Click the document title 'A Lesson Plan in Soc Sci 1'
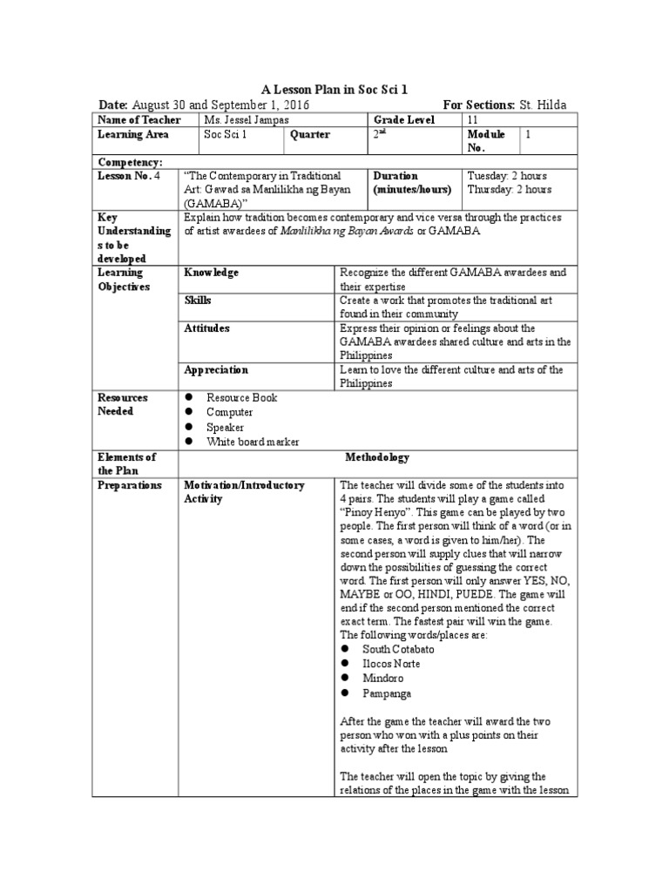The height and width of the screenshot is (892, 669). point(334,90)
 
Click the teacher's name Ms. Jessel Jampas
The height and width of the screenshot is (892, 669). point(245,119)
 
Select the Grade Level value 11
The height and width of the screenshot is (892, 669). point(473,119)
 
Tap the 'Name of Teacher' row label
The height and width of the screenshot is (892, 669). point(139,119)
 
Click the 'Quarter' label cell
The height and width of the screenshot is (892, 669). point(310,135)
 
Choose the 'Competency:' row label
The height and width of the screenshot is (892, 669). point(131,162)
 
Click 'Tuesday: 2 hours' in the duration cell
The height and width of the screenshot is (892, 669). point(509,176)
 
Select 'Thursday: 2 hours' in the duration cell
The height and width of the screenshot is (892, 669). point(509,190)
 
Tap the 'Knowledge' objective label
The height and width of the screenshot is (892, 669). point(211,273)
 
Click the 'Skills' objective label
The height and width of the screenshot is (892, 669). point(198,301)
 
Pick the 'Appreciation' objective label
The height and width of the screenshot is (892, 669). point(216,369)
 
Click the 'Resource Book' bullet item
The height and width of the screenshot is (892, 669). point(241,397)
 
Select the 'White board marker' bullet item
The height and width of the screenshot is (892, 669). point(253,442)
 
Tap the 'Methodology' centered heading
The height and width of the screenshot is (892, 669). point(377,457)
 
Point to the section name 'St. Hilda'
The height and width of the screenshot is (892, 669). point(543,105)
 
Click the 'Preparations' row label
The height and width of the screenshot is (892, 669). point(130,485)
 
